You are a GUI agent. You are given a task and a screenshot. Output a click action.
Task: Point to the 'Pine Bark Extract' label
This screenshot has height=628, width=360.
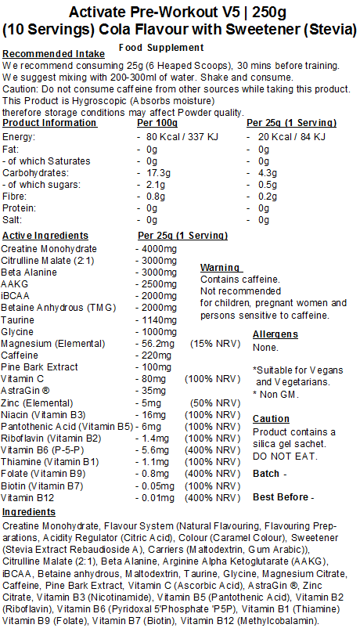coord(40,366)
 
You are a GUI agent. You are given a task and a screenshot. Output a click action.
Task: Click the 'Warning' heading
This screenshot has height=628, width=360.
coord(221,268)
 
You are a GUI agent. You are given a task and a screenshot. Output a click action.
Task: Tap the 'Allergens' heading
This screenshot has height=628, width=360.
coord(275,334)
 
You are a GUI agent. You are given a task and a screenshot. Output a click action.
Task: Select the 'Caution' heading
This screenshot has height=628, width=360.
coord(271,419)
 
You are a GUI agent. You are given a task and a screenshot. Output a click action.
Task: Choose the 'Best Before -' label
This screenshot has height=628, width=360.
coord(283,497)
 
